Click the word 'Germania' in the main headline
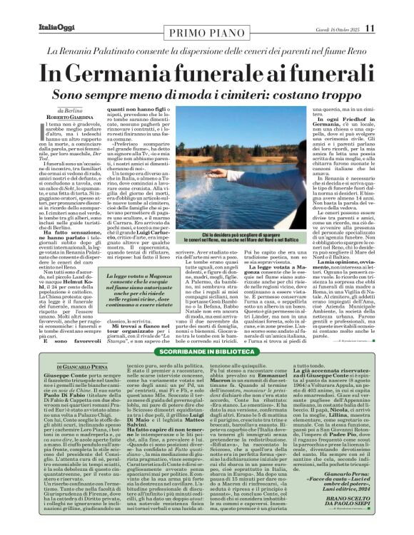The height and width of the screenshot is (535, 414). tap(123, 75)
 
